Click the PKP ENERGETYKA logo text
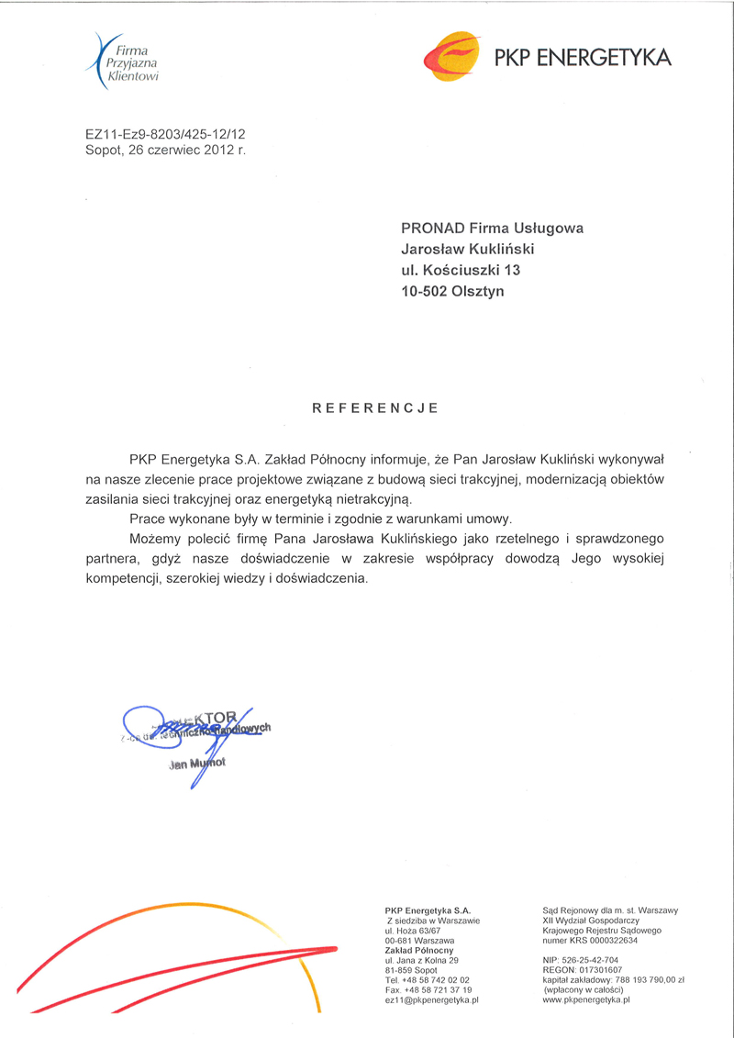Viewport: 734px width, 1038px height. (x=583, y=58)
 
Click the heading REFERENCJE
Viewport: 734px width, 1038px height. (x=375, y=407)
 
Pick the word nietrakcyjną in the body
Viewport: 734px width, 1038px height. (x=377, y=499)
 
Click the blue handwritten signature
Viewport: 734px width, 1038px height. (x=174, y=734)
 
